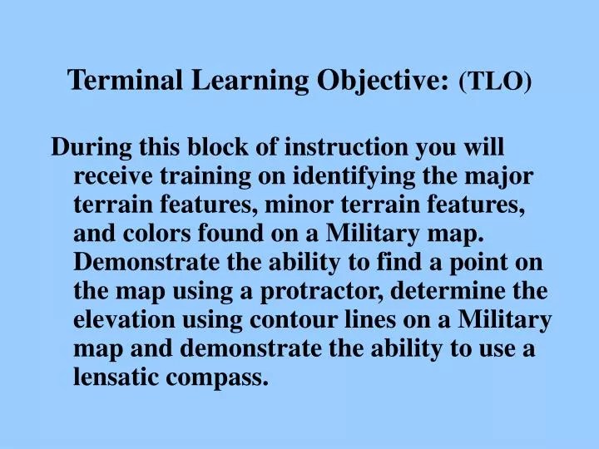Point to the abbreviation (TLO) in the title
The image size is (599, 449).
[495, 80]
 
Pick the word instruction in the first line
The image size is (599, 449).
[344, 147]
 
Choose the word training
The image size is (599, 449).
[209, 176]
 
